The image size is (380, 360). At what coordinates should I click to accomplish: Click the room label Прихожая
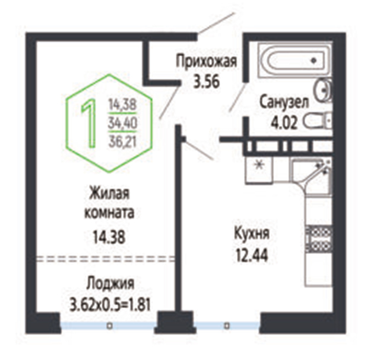206,62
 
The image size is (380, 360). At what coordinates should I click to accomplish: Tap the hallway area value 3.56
206,82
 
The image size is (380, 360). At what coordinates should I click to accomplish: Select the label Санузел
284,103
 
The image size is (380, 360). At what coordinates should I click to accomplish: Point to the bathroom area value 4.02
284,123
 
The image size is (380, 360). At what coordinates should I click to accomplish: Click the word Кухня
252,233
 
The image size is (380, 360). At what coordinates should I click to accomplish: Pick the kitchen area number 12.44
252,255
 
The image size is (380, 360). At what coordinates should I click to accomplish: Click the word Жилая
109,194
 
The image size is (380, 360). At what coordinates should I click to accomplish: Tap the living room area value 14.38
109,237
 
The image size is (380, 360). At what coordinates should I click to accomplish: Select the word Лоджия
110,283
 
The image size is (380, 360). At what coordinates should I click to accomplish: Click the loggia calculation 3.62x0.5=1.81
110,305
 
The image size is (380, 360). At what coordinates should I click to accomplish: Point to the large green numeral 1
89,124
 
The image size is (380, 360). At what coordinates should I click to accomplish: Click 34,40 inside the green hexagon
123,123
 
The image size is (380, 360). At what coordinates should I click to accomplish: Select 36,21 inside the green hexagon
123,141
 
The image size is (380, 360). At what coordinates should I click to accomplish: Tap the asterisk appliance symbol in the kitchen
259,166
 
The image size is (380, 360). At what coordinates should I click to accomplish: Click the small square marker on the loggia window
110,326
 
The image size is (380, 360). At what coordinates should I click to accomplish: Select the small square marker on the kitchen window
227,326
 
